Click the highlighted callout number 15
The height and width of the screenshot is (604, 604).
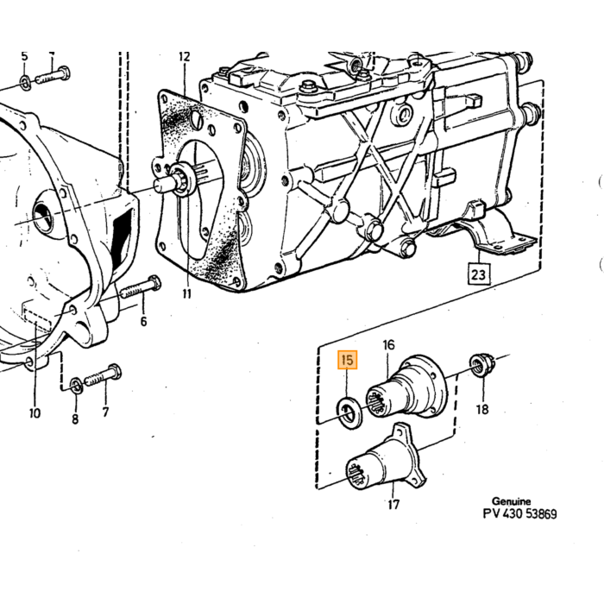point(347,360)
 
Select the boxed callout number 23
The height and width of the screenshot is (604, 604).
point(478,274)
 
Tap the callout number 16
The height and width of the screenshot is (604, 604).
point(388,344)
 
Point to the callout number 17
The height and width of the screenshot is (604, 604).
point(393,504)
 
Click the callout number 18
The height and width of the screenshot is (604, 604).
point(481,409)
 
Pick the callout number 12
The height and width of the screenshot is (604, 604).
point(185,57)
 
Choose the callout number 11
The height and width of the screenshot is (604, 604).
point(186,294)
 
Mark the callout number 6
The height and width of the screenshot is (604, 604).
point(144,321)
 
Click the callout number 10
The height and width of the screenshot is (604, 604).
point(35,413)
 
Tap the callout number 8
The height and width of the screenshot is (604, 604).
point(75,418)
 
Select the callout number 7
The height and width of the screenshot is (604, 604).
point(105,412)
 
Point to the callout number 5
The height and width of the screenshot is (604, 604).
point(24,56)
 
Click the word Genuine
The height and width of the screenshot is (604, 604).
point(512,501)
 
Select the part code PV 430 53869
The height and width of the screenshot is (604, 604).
point(519,514)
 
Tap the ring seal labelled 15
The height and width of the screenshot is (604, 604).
point(349,414)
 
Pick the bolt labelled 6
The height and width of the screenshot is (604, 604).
point(141,287)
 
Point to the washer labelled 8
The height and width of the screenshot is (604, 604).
point(76,386)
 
